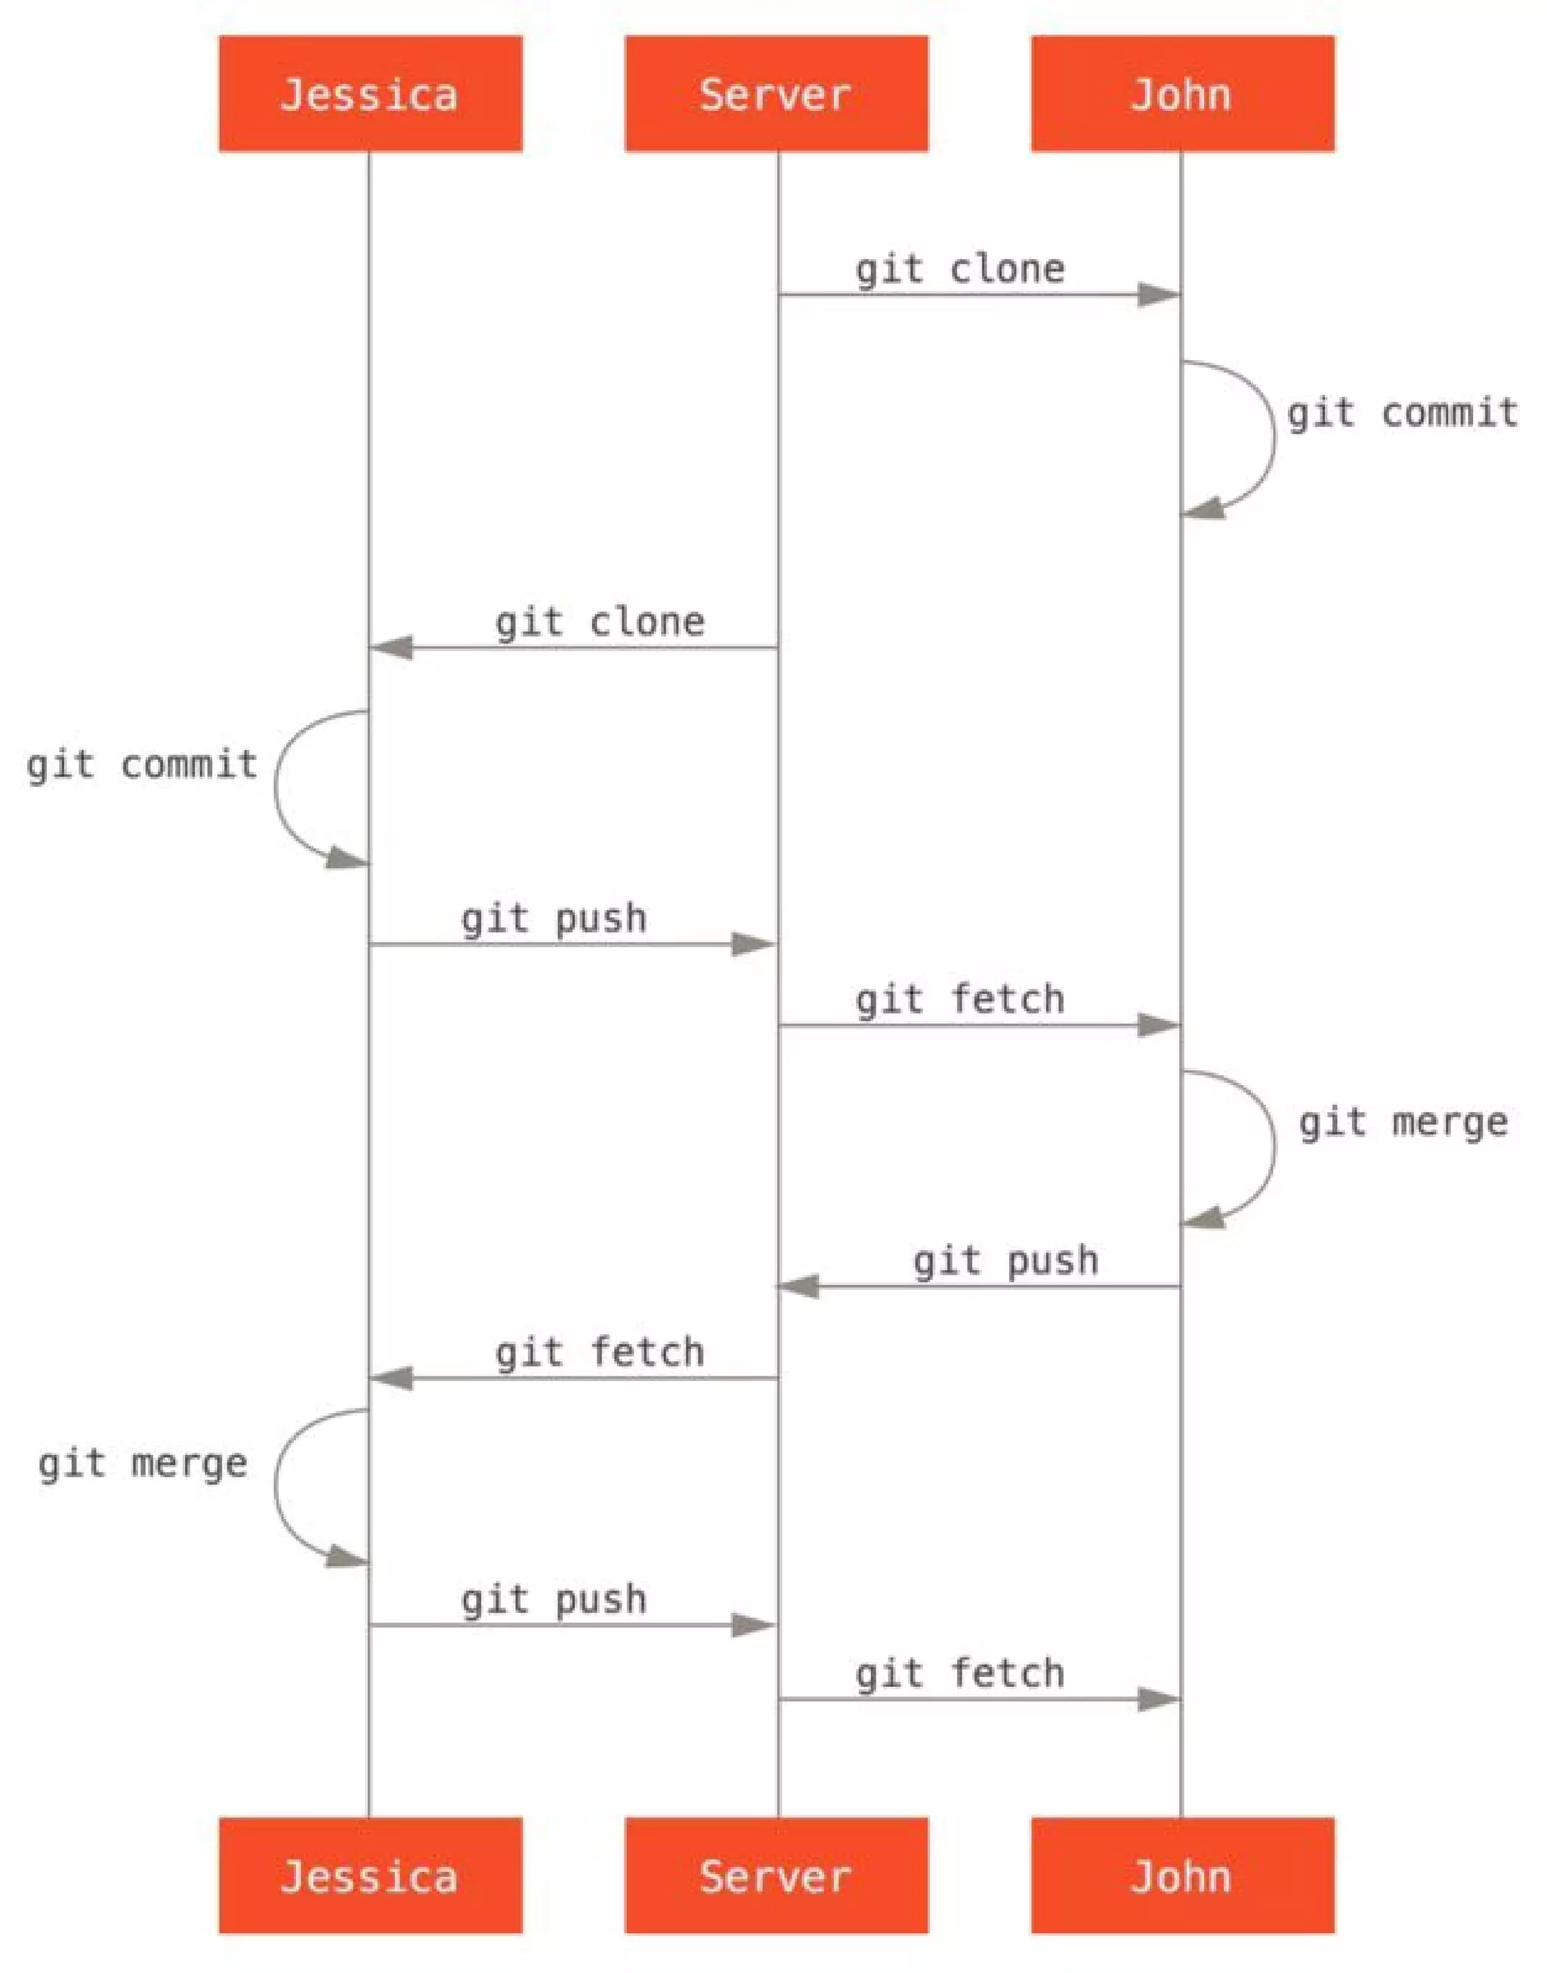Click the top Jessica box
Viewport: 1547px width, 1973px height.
[369, 94]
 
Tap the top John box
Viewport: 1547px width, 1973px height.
[1182, 94]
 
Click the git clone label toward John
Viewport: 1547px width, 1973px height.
[960, 270]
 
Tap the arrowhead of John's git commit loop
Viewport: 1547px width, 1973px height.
[1205, 509]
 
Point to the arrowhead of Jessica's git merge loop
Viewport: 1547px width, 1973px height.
[347, 1556]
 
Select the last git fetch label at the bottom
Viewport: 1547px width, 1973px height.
[960, 1674]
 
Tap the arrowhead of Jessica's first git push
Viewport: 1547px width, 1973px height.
[752, 945]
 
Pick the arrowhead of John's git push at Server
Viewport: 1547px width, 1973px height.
[799, 1287]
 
